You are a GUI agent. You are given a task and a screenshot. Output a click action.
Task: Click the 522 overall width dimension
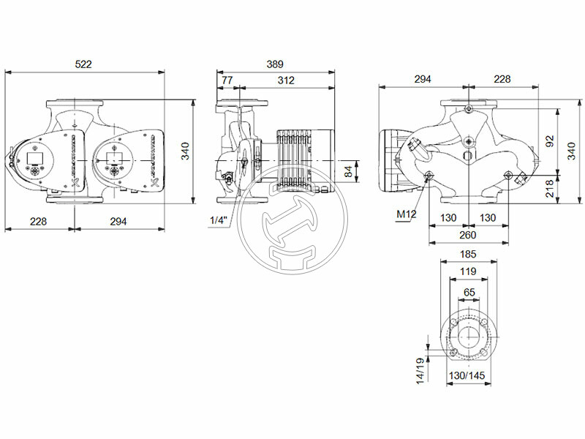(84, 64)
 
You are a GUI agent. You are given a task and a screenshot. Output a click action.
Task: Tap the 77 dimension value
(227, 80)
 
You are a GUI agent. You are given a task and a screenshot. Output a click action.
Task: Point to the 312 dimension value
(287, 80)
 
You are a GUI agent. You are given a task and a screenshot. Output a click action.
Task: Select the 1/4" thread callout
(218, 220)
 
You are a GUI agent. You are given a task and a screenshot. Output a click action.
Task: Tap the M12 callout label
(406, 214)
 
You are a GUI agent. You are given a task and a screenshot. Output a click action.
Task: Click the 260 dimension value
(467, 235)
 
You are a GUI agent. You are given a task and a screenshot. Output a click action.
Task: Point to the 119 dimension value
(467, 271)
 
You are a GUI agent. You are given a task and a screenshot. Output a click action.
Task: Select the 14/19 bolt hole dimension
(419, 371)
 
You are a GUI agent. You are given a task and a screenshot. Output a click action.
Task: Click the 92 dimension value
(551, 142)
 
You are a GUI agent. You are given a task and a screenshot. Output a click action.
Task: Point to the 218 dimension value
(551, 190)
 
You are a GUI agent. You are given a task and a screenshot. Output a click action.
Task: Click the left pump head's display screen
(34, 157)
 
